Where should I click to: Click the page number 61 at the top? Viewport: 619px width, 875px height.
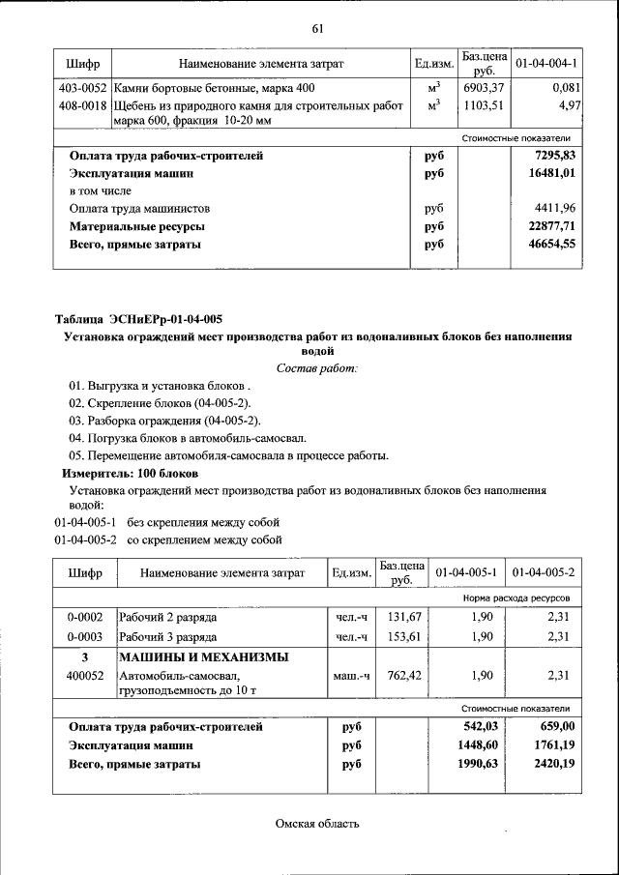coord(316,27)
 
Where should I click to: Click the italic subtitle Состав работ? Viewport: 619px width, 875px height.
coord(316,368)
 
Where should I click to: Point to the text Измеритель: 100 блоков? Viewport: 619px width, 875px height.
coord(131,474)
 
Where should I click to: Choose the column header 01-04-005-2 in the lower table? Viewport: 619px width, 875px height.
coord(544,573)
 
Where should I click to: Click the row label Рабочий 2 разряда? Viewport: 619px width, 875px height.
coord(167,616)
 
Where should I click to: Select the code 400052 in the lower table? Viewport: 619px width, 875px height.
coord(85,676)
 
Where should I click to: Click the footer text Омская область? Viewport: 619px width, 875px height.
coord(316,824)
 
